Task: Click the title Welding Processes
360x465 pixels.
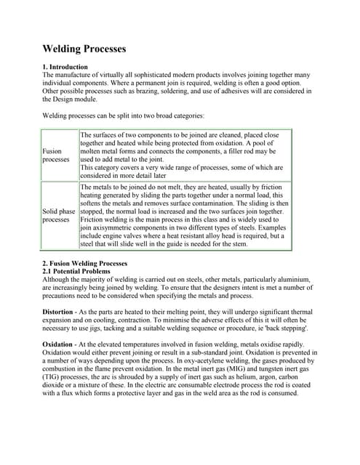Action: pos(84,49)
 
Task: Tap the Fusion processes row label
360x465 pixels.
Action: pos(56,155)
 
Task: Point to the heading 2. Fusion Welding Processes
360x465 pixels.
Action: pos(85,263)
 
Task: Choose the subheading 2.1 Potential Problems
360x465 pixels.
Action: pos(76,271)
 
